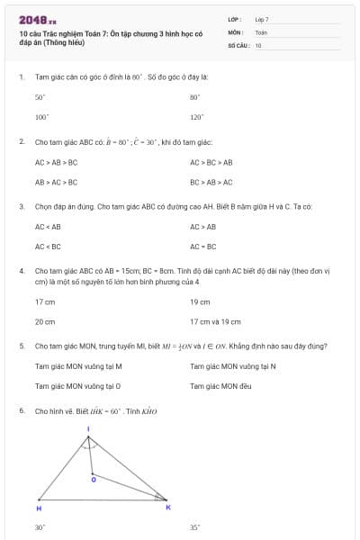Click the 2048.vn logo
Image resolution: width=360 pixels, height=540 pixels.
click(38, 20)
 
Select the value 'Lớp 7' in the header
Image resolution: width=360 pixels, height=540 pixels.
click(262, 19)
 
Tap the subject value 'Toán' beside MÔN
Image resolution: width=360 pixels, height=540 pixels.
click(261, 31)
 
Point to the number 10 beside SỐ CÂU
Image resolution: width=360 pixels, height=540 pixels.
click(258, 44)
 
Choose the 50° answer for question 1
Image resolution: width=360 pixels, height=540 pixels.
click(40, 97)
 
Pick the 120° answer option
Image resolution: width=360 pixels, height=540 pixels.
click(195, 117)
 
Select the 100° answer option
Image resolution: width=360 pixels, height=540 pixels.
click(40, 117)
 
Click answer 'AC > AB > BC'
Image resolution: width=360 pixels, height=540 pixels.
click(56, 162)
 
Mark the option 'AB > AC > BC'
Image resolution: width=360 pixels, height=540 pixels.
click(56, 182)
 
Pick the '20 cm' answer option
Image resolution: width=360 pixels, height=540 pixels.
click(45, 321)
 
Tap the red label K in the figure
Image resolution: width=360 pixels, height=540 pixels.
click(167, 508)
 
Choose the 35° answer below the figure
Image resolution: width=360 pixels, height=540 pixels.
click(194, 527)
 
